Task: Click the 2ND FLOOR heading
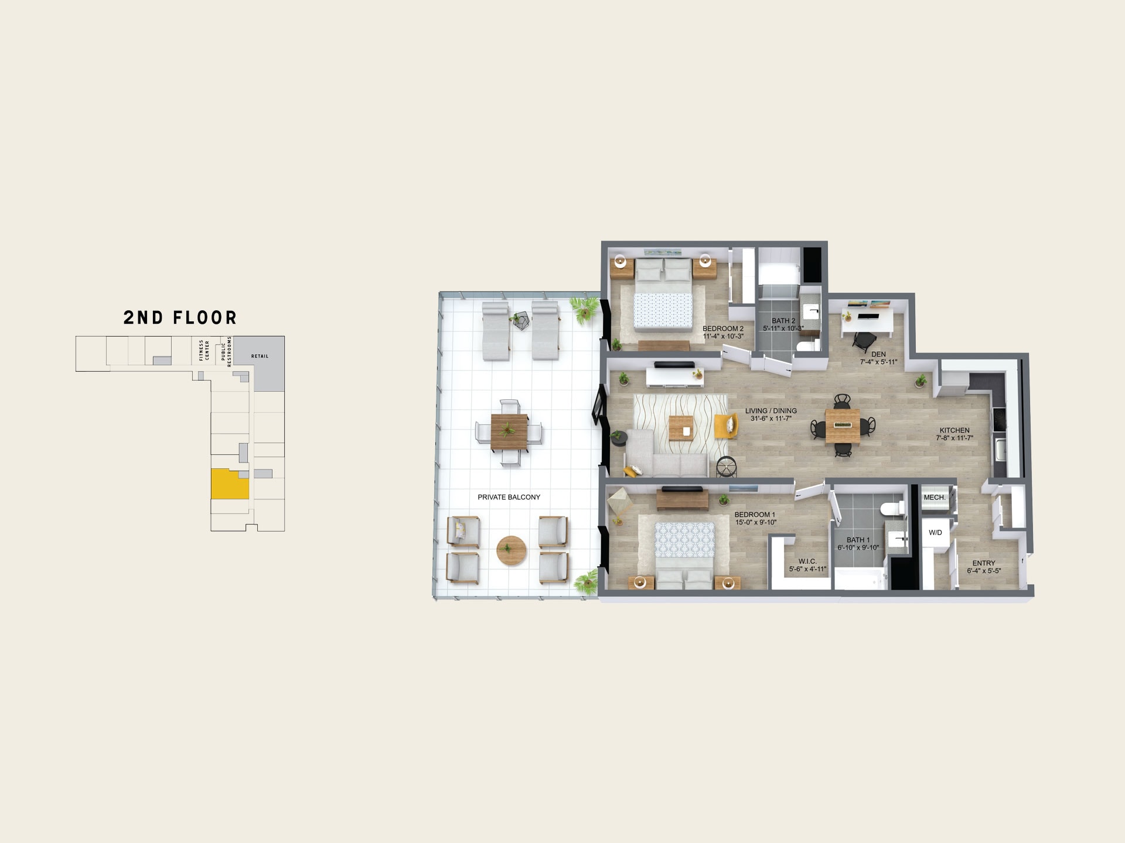click(x=180, y=317)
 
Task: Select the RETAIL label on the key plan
click(x=260, y=356)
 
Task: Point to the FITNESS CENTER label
click(x=204, y=350)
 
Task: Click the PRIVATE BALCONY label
click(x=509, y=497)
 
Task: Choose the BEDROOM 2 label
click(x=723, y=328)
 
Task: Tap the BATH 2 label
click(x=783, y=321)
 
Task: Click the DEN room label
click(x=878, y=354)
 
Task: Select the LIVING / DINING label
click(x=771, y=411)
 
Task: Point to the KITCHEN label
click(x=954, y=430)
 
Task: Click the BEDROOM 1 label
click(x=755, y=515)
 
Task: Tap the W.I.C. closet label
click(x=807, y=561)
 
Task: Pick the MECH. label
click(x=935, y=498)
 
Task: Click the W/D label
click(x=935, y=533)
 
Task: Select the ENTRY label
click(x=984, y=563)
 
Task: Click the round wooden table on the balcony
click(x=512, y=550)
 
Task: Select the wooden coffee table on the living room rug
click(x=681, y=428)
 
